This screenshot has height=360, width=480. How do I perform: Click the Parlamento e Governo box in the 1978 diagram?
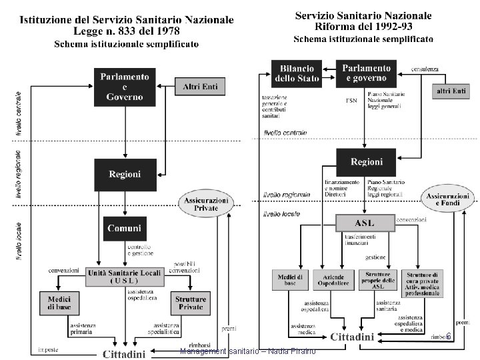click(125, 86)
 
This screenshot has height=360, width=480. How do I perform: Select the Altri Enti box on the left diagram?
click(201, 86)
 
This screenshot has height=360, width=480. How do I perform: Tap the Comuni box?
click(125, 229)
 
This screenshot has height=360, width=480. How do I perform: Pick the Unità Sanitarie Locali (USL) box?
click(125, 275)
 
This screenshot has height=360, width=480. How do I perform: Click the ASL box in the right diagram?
click(364, 222)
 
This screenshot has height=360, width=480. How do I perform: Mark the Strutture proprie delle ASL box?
click(378, 281)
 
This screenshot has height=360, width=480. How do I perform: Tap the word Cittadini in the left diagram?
click(123, 354)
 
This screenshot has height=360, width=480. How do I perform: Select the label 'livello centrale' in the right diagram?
click(285, 133)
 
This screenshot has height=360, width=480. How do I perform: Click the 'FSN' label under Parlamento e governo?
click(351, 101)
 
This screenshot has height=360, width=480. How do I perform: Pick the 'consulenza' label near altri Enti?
click(425, 69)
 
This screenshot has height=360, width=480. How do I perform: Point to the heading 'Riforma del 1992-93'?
click(364, 27)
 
